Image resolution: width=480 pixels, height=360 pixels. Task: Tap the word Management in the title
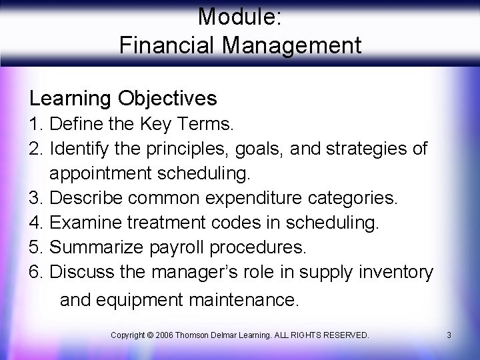(x=291, y=45)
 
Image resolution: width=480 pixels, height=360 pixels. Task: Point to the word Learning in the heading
(x=70, y=99)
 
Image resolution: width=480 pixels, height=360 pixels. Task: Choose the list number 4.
(x=35, y=223)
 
